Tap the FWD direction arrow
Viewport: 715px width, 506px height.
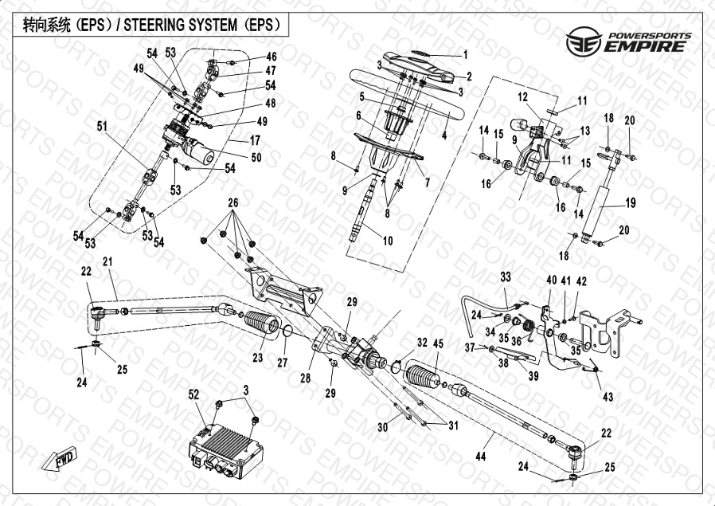60,460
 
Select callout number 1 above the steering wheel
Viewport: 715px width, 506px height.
466,55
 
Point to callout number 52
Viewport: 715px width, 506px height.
194,394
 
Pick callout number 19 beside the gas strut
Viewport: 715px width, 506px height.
630,203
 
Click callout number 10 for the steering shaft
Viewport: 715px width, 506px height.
388,241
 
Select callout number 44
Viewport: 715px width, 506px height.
479,456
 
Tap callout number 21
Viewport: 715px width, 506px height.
107,262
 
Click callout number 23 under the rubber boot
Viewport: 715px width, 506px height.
257,359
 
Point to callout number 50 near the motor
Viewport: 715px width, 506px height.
256,158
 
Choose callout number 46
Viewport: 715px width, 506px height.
272,57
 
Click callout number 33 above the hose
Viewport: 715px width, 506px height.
505,277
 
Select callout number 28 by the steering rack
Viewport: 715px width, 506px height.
305,379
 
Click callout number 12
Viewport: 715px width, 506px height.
522,97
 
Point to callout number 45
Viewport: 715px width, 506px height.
437,344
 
